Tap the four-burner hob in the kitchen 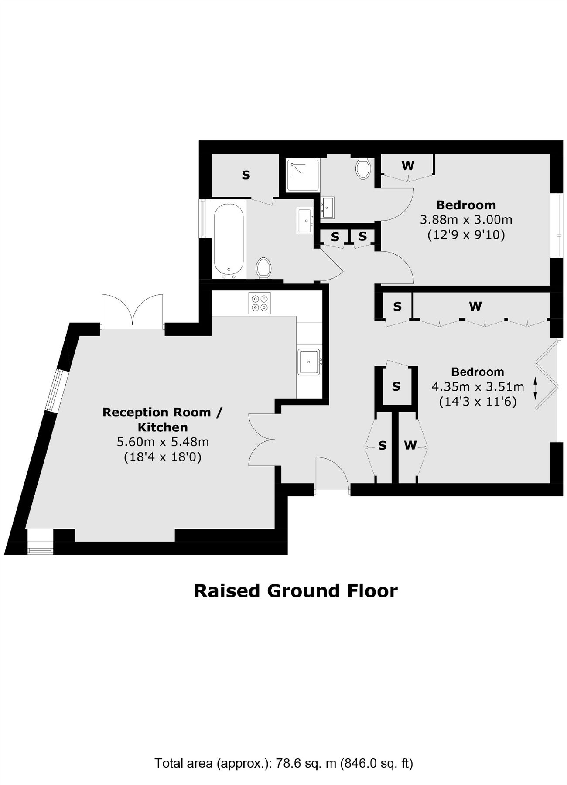260,303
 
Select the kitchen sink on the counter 309,362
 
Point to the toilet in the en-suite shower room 363,168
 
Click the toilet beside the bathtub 263,267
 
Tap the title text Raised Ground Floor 296,591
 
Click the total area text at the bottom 283,764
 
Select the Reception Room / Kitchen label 162,420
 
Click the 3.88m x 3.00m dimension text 466,220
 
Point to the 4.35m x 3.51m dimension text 478,387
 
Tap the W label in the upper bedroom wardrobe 408,166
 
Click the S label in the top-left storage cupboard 246,175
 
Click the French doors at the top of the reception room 132,311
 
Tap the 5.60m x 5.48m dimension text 162,442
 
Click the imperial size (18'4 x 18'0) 162,457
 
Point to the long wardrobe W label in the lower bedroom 475,306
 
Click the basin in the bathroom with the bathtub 305,220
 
